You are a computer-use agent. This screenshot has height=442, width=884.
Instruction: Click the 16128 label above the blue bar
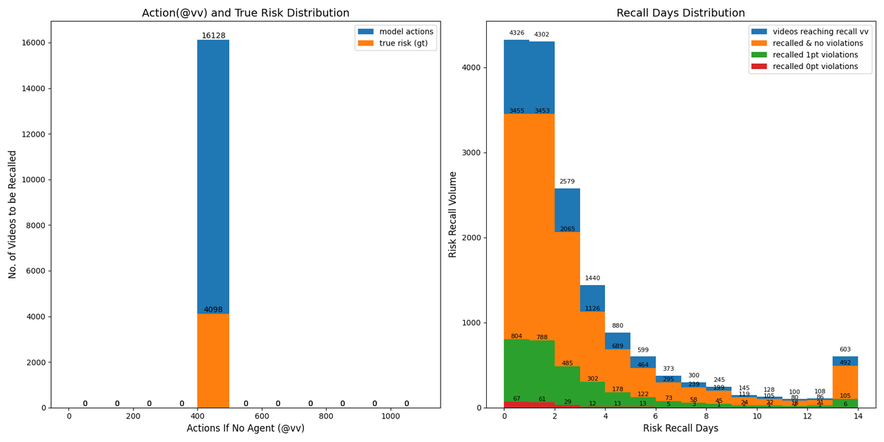213,36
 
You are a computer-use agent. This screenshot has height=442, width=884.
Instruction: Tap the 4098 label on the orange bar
213,310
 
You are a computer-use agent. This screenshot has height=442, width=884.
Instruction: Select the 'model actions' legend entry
406,32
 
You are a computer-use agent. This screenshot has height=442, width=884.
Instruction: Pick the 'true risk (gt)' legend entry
403,44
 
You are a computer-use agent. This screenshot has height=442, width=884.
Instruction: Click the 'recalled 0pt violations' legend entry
815,67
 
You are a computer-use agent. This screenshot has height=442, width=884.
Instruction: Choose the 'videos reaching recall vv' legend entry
820,32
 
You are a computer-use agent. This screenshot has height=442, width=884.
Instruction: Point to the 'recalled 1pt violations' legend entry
815,55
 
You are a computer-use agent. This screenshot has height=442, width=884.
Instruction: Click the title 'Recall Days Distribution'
680,13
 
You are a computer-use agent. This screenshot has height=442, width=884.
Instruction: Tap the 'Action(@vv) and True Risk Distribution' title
246,13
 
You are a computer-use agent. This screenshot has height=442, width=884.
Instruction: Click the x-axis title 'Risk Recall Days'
680,428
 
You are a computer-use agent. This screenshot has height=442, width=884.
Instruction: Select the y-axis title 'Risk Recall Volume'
453,214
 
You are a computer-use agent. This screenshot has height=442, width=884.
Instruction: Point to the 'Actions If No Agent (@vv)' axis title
245,428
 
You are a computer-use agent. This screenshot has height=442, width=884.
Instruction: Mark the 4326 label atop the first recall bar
517,33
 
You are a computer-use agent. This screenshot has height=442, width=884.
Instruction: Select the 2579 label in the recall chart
567,182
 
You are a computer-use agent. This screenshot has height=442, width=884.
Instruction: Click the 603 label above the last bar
845,349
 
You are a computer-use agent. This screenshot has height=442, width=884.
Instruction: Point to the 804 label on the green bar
517,336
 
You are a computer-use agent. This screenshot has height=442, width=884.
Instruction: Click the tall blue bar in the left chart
213,173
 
